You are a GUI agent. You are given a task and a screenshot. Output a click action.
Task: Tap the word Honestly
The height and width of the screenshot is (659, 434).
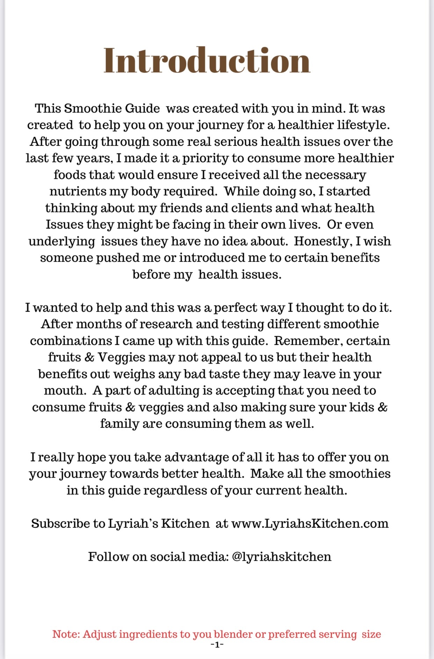[321, 241]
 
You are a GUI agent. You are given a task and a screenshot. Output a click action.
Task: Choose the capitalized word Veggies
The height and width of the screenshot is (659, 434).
[121, 357]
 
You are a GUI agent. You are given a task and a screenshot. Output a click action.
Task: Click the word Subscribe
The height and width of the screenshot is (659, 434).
[60, 523]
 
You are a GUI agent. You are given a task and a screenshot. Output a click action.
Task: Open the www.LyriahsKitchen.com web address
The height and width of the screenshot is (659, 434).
[310, 523]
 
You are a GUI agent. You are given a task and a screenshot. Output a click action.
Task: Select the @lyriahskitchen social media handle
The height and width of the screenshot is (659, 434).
[281, 557]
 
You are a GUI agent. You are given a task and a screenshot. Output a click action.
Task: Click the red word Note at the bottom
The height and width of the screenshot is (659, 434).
[65, 634]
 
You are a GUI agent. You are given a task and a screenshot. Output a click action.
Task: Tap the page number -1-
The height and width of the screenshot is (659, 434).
[217, 645]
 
